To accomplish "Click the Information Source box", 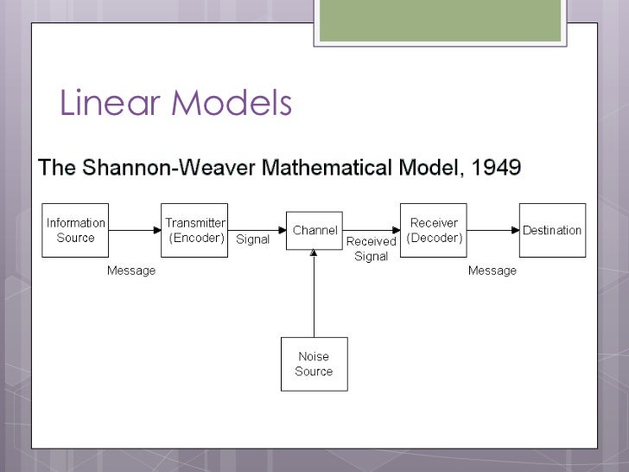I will click(75, 230).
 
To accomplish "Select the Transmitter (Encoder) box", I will click(195, 230).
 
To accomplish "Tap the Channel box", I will click(314, 231).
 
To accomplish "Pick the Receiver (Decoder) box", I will click(434, 230).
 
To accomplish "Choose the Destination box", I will click(552, 230).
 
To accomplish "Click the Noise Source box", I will click(314, 364).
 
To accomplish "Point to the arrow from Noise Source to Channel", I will click(314, 294).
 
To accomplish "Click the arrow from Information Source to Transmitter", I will click(135, 230).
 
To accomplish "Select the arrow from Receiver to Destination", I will click(492, 230).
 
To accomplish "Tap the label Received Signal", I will click(371, 249).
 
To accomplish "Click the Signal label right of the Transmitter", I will click(253, 239).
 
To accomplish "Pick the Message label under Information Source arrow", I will click(131, 271).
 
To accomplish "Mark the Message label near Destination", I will click(492, 271).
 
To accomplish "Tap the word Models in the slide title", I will click(232, 105).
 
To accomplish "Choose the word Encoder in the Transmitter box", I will click(197, 238).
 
